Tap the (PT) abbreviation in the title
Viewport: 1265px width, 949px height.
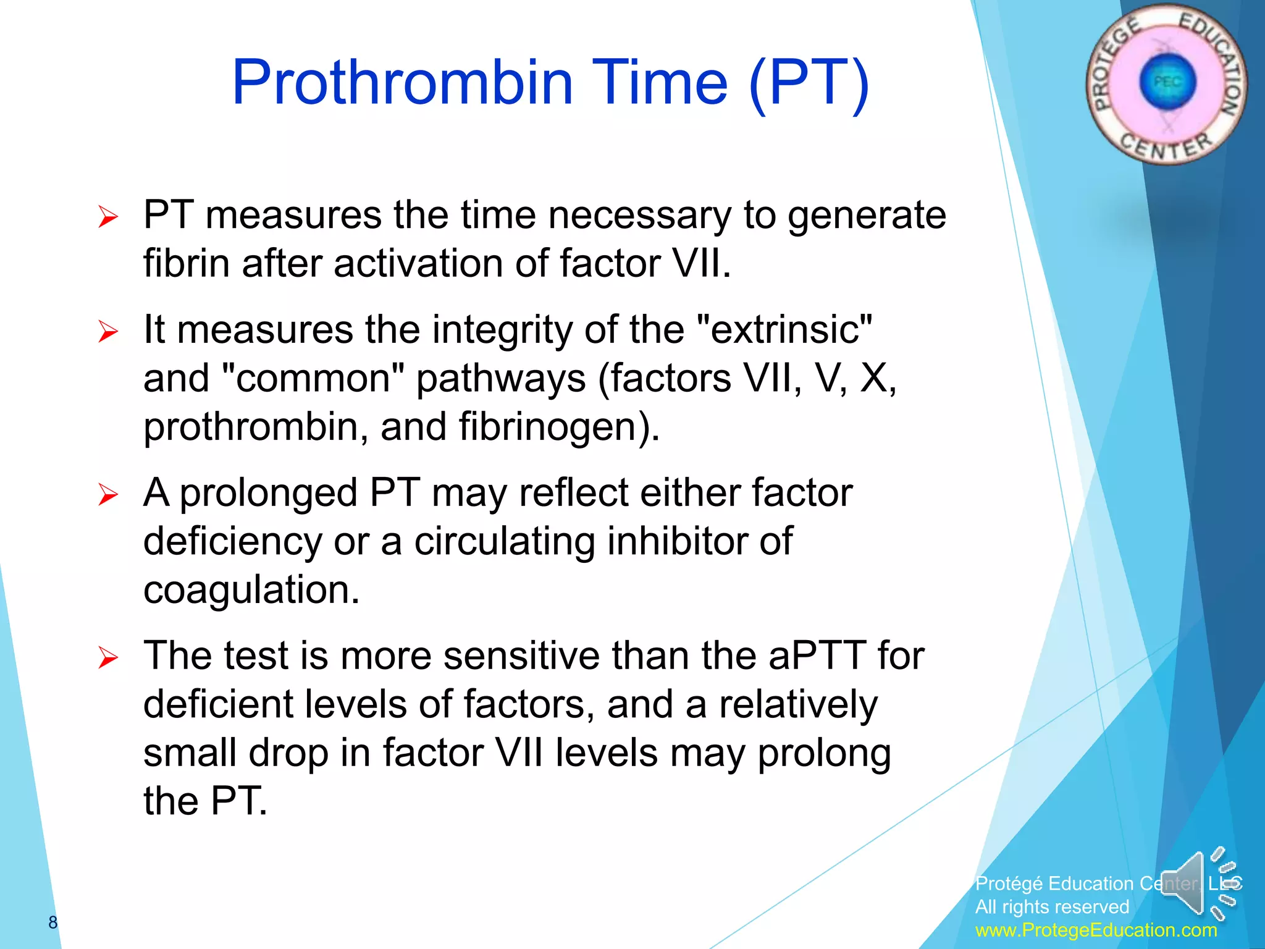(x=809, y=83)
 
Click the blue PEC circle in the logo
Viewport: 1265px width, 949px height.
(x=1167, y=83)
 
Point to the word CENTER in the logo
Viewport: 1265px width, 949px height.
(x=1166, y=146)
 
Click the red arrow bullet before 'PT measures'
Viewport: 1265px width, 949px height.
(x=107, y=217)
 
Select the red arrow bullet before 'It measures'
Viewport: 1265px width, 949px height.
(x=107, y=332)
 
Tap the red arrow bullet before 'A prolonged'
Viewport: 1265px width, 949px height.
(x=107, y=495)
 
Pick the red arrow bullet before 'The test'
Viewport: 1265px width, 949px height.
(x=107, y=658)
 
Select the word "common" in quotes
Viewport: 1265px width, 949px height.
(x=313, y=378)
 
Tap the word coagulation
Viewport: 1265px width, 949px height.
(x=251, y=590)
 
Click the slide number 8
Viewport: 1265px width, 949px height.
(x=53, y=922)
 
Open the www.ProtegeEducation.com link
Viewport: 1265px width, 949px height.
(x=1096, y=930)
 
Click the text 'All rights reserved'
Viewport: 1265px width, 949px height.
(x=1052, y=906)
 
